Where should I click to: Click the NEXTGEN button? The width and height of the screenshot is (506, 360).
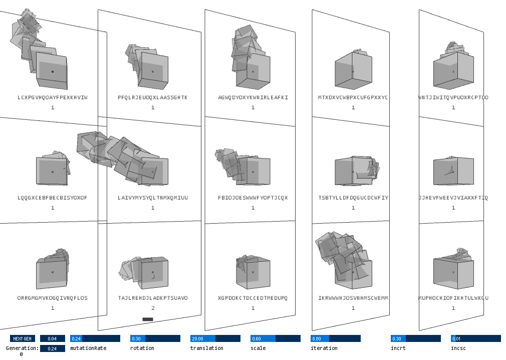click(23, 338)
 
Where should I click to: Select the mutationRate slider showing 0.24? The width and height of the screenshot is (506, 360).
click(95, 338)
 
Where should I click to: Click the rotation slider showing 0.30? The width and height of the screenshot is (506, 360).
click(155, 338)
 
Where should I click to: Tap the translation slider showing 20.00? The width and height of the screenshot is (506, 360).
click(215, 338)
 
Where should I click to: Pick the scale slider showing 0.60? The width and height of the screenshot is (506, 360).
click(275, 338)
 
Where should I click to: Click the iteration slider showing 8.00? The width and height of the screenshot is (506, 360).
click(335, 338)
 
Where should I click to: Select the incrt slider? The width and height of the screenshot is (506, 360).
click(415, 338)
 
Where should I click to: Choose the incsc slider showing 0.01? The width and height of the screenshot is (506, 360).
click(475, 338)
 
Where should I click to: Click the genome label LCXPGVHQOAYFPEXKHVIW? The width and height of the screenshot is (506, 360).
click(53, 97)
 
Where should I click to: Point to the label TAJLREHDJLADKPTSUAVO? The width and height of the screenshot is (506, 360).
click(153, 298)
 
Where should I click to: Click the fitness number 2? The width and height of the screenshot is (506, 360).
click(153, 308)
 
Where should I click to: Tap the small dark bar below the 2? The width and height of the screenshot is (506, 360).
click(148, 319)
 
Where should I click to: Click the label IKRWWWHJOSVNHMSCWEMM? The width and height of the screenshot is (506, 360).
click(353, 298)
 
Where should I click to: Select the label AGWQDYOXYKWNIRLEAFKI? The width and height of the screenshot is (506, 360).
click(253, 97)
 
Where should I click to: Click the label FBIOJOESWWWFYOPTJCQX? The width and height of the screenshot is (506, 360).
click(253, 198)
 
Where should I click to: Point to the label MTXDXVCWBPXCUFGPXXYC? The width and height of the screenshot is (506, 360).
click(353, 97)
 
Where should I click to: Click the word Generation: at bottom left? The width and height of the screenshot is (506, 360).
click(22, 348)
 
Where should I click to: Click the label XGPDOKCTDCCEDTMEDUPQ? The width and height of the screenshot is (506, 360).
click(253, 298)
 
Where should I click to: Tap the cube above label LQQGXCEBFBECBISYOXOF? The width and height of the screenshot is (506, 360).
click(52, 170)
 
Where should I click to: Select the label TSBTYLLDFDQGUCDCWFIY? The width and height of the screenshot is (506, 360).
click(353, 198)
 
